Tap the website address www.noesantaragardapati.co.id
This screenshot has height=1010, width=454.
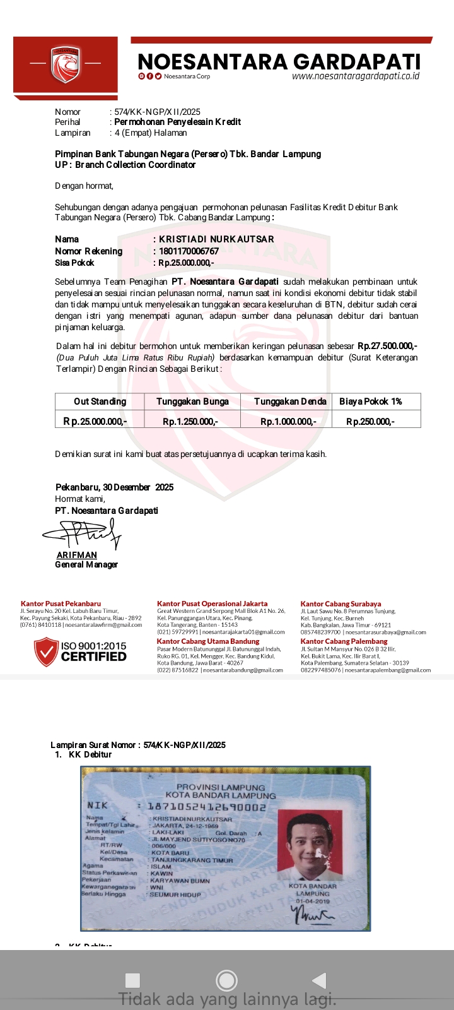tap(356, 76)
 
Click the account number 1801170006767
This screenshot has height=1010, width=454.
tap(189, 251)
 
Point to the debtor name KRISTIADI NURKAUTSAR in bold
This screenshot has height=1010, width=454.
tap(216, 239)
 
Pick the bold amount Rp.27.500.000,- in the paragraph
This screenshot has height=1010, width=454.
tap(387, 346)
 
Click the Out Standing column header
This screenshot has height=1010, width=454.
tap(100, 401)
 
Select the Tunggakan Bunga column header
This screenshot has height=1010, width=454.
tap(192, 401)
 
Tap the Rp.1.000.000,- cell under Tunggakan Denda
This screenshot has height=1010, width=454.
tap(288, 421)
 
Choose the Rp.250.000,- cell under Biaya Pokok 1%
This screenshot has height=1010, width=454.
tap(370, 421)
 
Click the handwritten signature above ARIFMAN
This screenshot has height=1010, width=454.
tap(82, 535)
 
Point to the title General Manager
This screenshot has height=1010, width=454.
tap(86, 564)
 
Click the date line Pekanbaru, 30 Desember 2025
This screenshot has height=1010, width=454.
tap(114, 487)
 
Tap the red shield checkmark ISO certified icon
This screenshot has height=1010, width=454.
tap(47, 652)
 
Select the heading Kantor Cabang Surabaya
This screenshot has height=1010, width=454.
tap(340, 604)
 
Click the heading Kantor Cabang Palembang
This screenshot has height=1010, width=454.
tap(344, 641)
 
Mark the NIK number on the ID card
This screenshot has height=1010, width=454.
tap(207, 806)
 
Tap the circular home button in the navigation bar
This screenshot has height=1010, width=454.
tap(226, 980)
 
